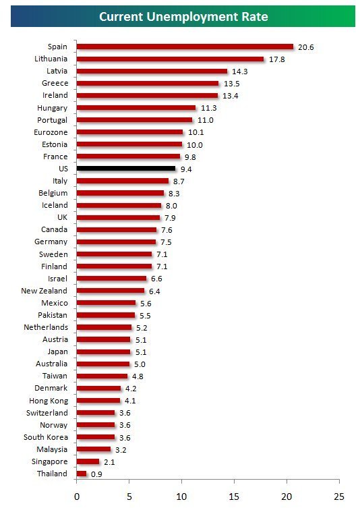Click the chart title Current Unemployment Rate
tap(183, 16)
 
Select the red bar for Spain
tap(185, 47)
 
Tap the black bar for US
tap(126, 168)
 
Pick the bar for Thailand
tap(82, 474)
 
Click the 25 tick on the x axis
tap(339, 497)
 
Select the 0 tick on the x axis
tap(77, 497)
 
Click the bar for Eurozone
tap(129, 132)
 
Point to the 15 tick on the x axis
tap(234, 497)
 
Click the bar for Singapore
tap(88, 461)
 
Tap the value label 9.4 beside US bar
tap(187, 169)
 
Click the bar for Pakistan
tap(106, 315)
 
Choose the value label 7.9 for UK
tap(171, 218)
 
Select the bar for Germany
tap(116, 242)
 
